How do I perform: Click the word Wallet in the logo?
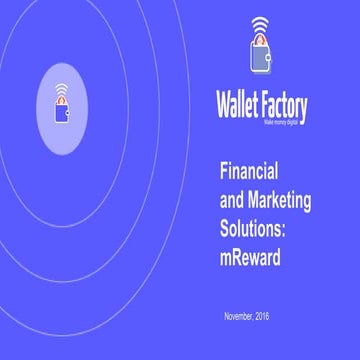coord(240,105)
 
